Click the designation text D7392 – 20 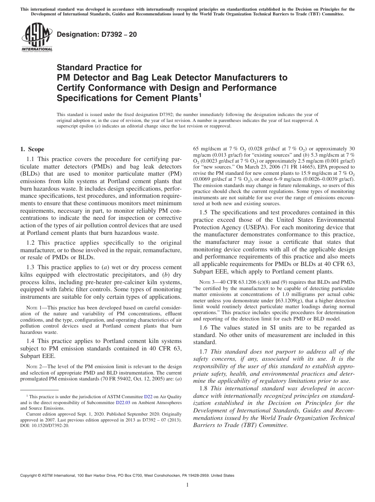point(97,34)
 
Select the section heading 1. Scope point(32,149)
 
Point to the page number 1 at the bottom point(187,485)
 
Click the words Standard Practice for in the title point(99,67)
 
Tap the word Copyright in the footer point(30,476)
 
